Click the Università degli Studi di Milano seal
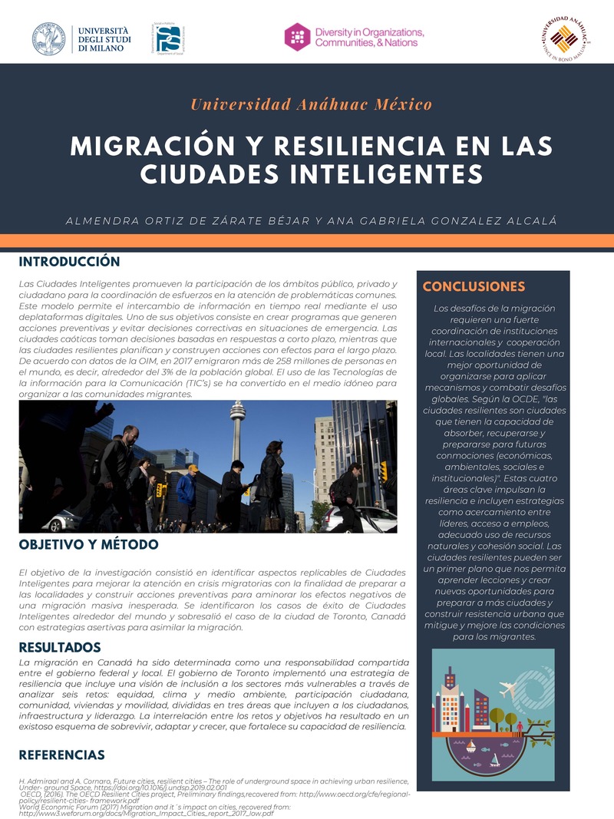pos(48,38)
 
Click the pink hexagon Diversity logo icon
pos(297,37)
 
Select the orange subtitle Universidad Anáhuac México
pos(311,104)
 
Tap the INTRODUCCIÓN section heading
pos(70,262)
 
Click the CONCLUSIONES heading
pos(474,287)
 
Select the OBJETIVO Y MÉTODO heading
pos(88,545)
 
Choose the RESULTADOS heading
pos(60,647)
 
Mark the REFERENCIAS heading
pos(61,755)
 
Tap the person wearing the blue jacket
pos(187,491)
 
